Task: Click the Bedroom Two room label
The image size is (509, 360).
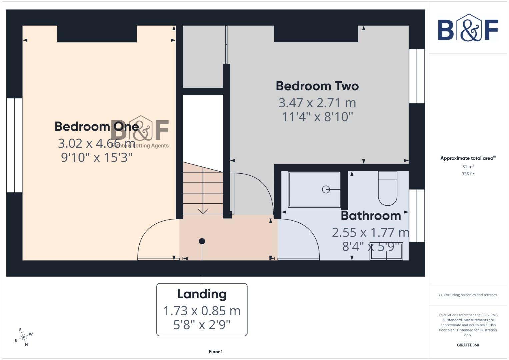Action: click(x=317, y=86)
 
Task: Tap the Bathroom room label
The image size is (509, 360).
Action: click(x=371, y=216)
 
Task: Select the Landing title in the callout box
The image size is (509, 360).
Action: click(x=202, y=294)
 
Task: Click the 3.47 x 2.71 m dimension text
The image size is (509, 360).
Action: click(x=317, y=103)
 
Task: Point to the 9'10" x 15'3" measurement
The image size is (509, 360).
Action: click(x=97, y=157)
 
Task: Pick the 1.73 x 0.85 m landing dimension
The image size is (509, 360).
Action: click(x=202, y=311)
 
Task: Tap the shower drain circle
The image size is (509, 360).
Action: click(x=326, y=189)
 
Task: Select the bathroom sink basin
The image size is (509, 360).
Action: click(x=386, y=252)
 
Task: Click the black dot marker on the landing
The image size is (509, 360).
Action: click(x=202, y=241)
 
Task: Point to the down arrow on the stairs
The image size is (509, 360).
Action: click(x=203, y=211)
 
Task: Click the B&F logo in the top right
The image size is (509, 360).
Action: click(x=468, y=29)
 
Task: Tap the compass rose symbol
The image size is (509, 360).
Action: click(x=23, y=337)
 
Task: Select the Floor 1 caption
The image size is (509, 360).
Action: click(x=216, y=352)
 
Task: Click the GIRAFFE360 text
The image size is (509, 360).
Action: click(x=468, y=345)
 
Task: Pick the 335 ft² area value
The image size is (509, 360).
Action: click(x=468, y=174)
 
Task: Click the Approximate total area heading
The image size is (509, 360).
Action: click(x=468, y=158)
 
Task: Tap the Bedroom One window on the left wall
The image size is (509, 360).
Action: click(x=14, y=145)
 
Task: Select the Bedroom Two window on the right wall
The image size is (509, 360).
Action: click(x=417, y=76)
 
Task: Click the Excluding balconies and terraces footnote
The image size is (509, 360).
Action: click(x=468, y=295)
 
